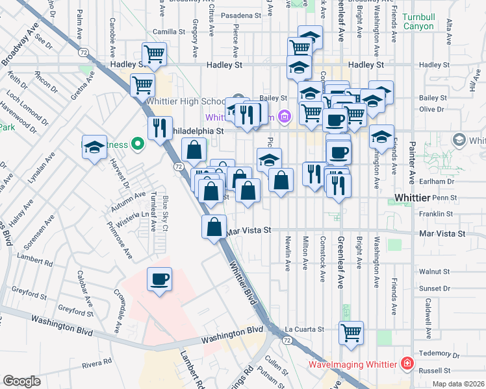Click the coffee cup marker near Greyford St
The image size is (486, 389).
[x=159, y=279]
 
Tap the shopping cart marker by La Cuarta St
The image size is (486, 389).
[x=351, y=333]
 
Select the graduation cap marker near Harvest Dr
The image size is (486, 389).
[x=94, y=147]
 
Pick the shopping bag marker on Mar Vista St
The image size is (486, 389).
[x=214, y=227]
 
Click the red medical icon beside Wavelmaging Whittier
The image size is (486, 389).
[x=407, y=364]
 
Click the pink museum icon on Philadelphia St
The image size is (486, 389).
[x=283, y=117]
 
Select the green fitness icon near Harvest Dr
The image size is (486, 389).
[x=137, y=144]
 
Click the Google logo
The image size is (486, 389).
[x=21, y=381]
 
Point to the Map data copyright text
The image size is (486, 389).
[x=459, y=384]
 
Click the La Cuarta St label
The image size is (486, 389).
[x=304, y=329]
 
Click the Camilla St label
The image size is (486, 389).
[x=169, y=31]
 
